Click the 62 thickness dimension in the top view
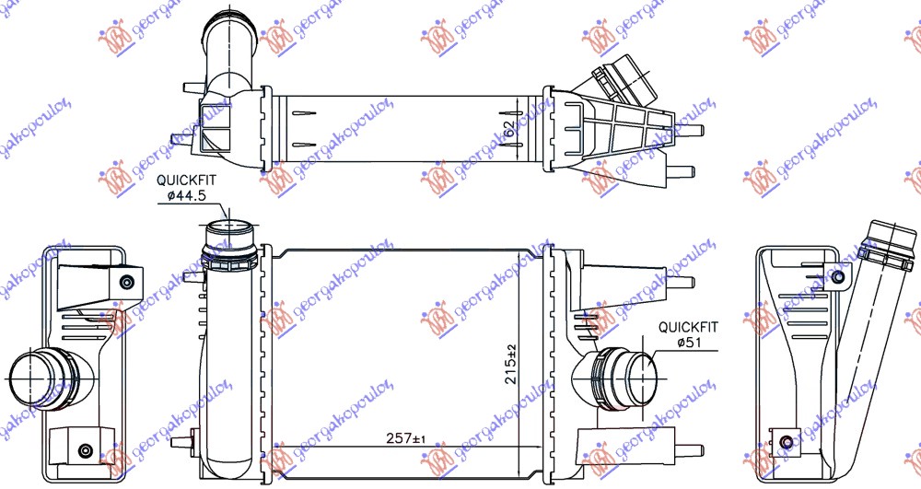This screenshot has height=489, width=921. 510,129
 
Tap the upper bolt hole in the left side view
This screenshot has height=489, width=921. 126,281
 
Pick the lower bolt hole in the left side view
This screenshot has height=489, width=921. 86,449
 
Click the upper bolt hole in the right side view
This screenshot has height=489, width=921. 837,277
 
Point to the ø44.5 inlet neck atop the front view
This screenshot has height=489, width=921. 227,233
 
